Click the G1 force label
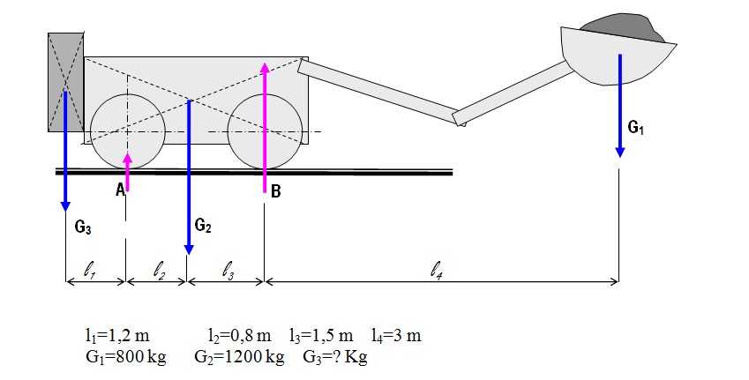(635, 128)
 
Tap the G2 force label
(203, 225)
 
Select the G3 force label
(83, 227)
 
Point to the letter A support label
(120, 190)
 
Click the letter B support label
(275, 191)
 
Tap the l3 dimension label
(228, 272)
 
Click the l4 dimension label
(435, 272)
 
